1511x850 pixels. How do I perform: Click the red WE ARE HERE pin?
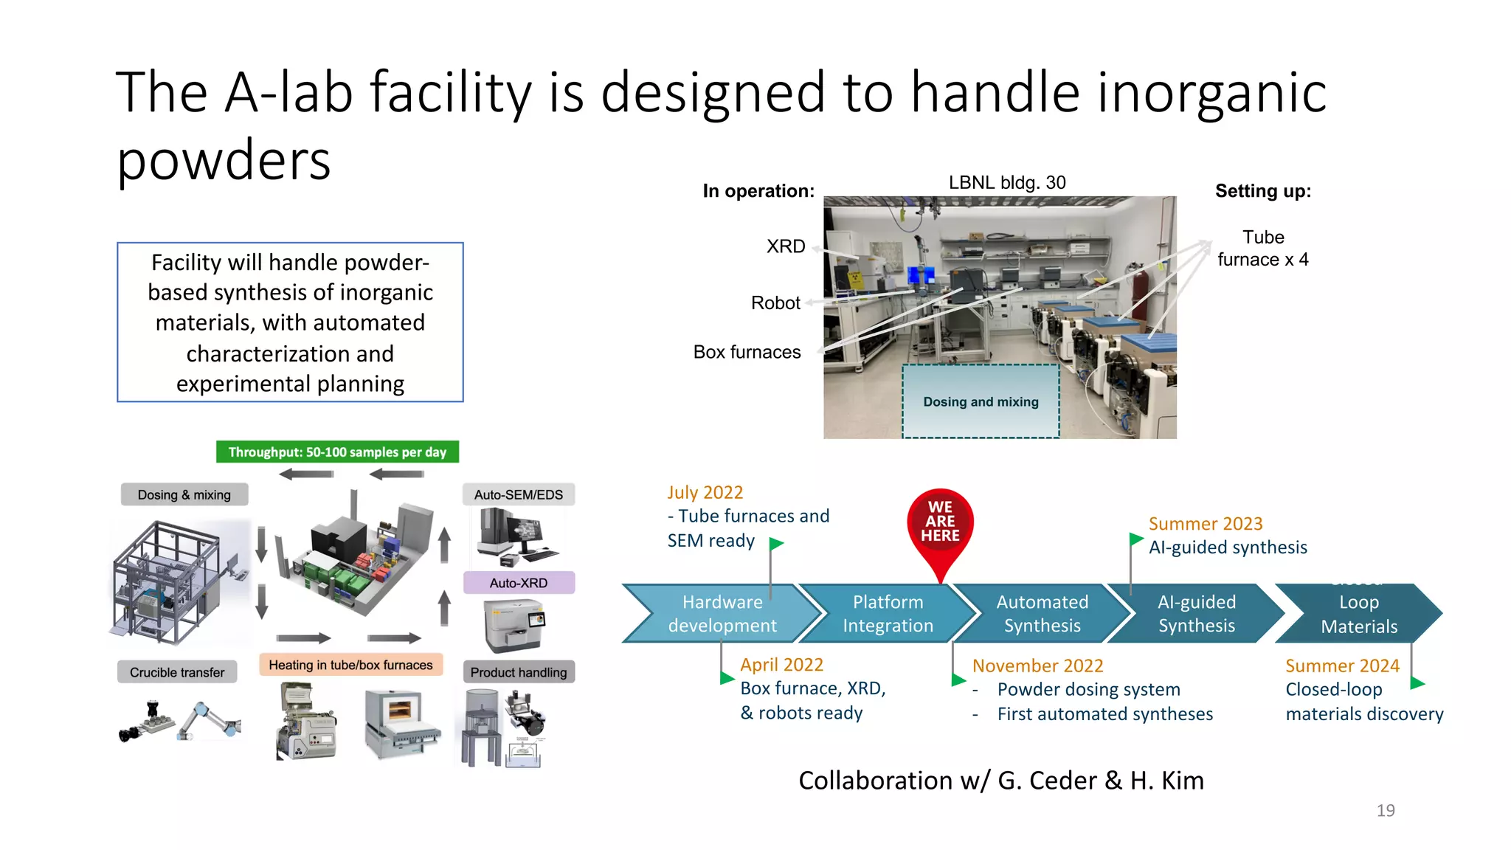[940, 524]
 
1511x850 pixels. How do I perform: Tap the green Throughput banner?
[337, 452]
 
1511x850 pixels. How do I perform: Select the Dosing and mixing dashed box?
[981, 401]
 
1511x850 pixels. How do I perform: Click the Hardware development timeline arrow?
[722, 613]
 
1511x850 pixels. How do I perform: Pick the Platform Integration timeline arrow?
[888, 613]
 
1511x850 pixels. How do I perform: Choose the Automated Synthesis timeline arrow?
[1042, 613]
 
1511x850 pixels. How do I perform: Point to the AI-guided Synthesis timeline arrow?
[1196, 613]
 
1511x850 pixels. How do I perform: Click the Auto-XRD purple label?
[519, 583]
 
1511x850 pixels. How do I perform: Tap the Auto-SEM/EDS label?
[518, 494]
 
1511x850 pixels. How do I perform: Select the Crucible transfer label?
[177, 672]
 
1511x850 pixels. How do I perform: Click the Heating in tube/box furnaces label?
[350, 665]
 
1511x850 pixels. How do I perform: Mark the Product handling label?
[519, 672]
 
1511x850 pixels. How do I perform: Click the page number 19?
[1386, 810]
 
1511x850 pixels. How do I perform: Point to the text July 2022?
[705, 492]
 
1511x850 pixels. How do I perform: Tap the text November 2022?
[1037, 666]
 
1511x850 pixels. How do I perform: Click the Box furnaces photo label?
[747, 352]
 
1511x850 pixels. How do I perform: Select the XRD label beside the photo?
[786, 246]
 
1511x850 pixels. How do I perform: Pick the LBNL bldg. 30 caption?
[1007, 182]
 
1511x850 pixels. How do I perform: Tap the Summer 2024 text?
[1342, 666]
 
